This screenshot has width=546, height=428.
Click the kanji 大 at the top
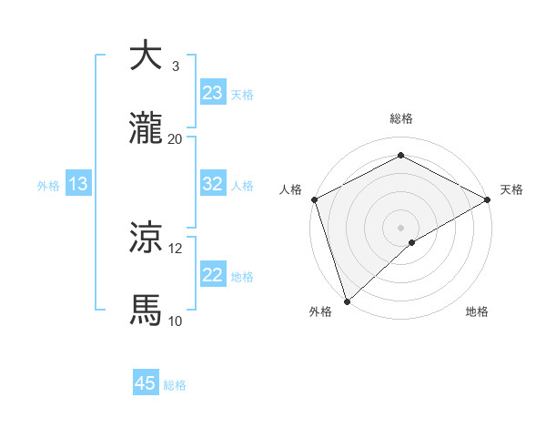click(146, 56)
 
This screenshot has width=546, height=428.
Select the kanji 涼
click(146, 239)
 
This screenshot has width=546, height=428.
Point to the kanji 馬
click(146, 311)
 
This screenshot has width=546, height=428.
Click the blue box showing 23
click(213, 93)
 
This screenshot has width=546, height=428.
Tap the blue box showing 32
click(213, 184)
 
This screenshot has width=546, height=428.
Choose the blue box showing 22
click(213, 275)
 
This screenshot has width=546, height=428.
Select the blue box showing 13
click(77, 184)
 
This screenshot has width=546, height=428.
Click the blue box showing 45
click(146, 383)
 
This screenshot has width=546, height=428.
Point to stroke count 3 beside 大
click(176, 66)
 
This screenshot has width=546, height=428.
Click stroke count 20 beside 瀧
click(176, 139)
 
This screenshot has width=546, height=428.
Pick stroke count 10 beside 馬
click(176, 321)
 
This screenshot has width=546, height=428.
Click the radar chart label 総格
click(401, 118)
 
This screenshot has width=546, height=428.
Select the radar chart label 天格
click(511, 189)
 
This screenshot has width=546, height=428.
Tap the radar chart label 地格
click(477, 312)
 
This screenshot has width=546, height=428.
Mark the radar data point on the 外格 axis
click(347, 301)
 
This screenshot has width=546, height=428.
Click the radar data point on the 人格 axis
click(314, 199)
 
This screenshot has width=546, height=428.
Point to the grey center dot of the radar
click(400, 227)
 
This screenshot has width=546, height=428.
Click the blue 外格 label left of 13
click(48, 185)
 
